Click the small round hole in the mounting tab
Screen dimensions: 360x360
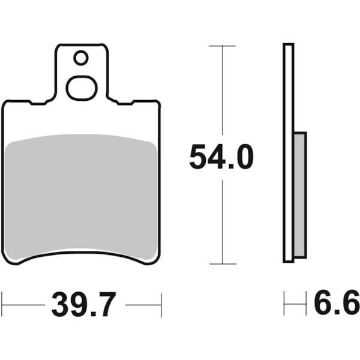click(81, 58)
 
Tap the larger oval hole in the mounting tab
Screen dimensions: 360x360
click(81, 88)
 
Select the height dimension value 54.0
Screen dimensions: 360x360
click(221, 157)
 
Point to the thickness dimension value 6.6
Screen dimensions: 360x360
click(337, 303)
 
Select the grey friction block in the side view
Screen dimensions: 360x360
click(299, 195)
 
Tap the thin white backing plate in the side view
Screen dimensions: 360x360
click(288, 90)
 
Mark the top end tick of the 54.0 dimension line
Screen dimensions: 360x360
click(223, 46)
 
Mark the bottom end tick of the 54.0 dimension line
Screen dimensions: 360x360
click(223, 263)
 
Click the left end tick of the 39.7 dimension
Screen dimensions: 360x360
click(2, 305)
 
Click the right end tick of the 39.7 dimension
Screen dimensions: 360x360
click(161, 305)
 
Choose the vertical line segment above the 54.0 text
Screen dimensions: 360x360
click(223, 90)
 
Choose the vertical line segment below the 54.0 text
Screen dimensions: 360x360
click(223, 222)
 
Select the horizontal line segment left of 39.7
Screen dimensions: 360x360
click(24, 305)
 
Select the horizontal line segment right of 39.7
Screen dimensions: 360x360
click(143, 305)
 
